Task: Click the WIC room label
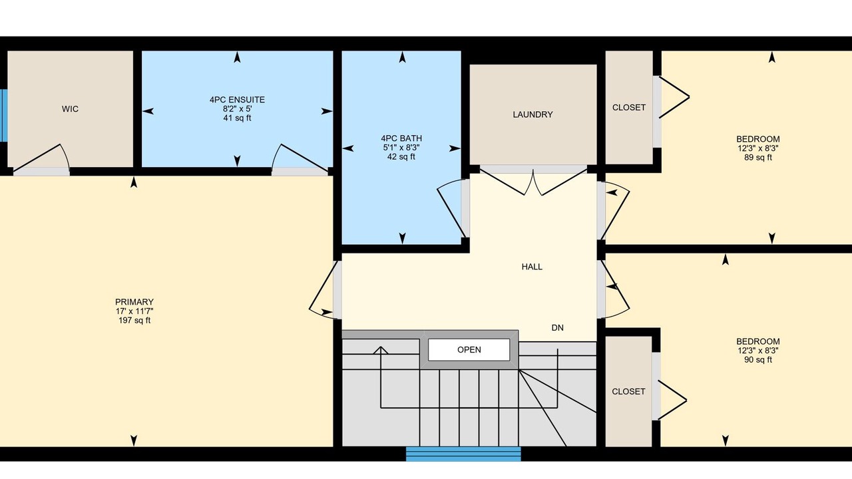70,109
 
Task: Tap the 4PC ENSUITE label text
237,100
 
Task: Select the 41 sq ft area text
237,118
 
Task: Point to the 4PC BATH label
401,138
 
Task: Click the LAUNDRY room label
532,114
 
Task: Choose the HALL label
532,267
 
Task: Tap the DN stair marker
558,328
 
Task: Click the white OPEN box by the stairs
469,350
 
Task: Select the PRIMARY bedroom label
134,302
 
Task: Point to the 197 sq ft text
134,321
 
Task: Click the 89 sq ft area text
758,158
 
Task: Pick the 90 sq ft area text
758,360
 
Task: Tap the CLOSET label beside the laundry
629,108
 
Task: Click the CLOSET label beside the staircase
628,392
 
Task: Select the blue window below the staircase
463,454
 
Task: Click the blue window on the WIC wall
3,116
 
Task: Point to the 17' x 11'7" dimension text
134,311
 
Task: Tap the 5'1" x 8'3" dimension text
401,148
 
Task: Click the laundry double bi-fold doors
533,182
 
